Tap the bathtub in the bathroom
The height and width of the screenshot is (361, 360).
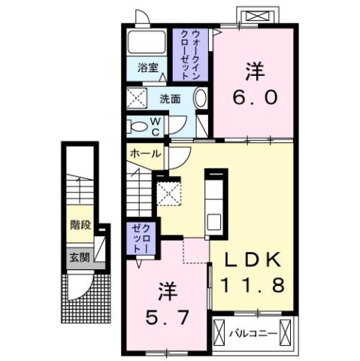pos(147,42)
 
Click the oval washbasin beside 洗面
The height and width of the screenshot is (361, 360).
pos(200,98)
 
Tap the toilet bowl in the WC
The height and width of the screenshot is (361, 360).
pos(140,126)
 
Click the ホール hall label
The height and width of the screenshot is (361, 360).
pos(144,153)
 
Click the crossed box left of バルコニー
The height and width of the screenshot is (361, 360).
pos(220,332)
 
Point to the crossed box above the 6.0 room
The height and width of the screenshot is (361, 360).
pos(256,17)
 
